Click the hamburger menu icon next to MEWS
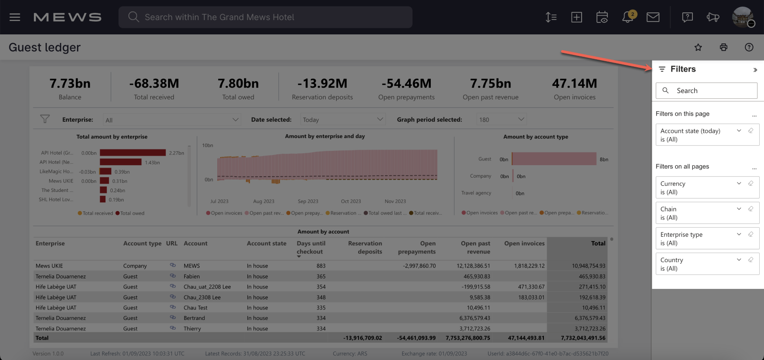(x=15, y=17)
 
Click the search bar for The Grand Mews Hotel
(x=265, y=17)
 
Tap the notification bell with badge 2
(x=628, y=17)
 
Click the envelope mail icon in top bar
(x=653, y=17)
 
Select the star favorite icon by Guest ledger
(x=698, y=47)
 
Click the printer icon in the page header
(x=723, y=47)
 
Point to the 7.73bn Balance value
(x=70, y=84)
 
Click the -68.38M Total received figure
(x=154, y=84)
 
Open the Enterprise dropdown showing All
(x=172, y=120)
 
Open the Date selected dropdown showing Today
(x=342, y=120)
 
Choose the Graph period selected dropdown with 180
(x=501, y=120)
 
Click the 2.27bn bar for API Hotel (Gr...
(x=133, y=153)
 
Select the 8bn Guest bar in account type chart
(x=554, y=159)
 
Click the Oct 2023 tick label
(x=351, y=201)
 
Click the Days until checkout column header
(x=310, y=247)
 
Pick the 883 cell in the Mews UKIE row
(x=321, y=266)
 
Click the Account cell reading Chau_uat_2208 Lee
(x=207, y=287)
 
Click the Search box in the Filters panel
(x=707, y=91)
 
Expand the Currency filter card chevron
(x=739, y=183)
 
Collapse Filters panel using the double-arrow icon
(x=755, y=70)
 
